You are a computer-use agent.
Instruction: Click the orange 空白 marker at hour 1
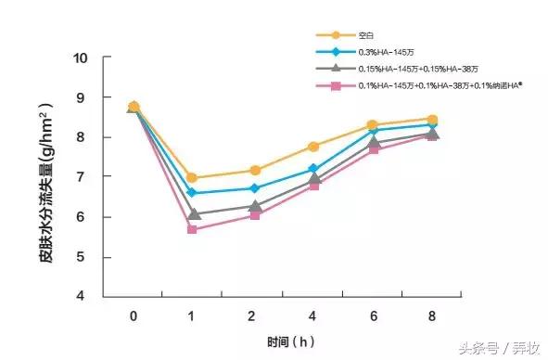pos(192,177)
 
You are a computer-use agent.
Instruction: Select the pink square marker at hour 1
pos(192,229)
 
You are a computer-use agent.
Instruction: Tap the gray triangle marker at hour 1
pos(192,213)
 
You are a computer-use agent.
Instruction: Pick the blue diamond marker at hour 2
pos(253,188)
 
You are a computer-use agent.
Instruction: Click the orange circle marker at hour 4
pos(313,147)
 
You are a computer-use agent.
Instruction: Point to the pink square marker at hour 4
pos(313,186)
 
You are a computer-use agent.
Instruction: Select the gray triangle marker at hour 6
pos(374,142)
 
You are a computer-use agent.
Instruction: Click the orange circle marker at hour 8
pos(433,119)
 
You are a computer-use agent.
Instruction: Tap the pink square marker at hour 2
pos(253,214)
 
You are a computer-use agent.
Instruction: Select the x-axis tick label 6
pos(374,316)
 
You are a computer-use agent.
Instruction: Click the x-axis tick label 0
pos(134,316)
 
